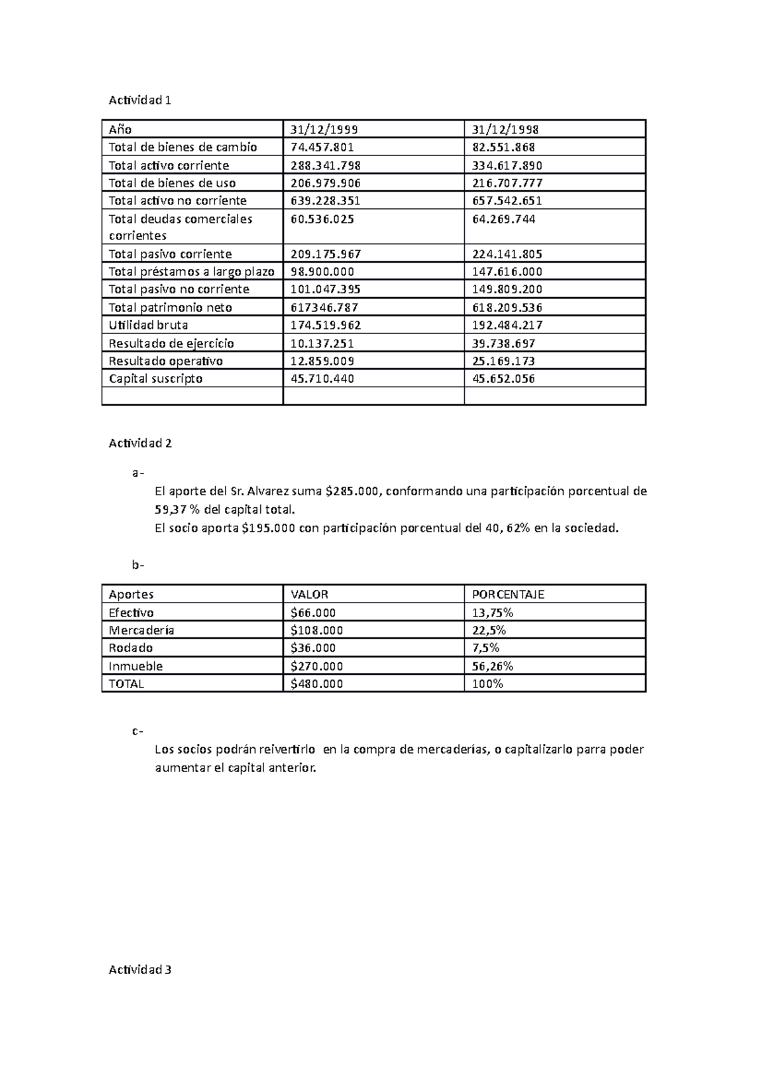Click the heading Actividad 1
[140, 100]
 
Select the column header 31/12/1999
[324, 130]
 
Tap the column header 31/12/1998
[505, 130]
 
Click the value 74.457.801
[322, 147]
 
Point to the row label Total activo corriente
[168, 165]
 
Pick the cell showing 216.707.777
[507, 183]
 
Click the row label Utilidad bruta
[148, 325]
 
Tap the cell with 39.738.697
[504, 343]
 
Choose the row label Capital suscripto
[156, 378]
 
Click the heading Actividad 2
[140, 443]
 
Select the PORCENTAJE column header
[508, 595]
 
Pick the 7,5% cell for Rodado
[486, 648]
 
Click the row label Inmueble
[135, 666]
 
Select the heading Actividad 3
[140, 969]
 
